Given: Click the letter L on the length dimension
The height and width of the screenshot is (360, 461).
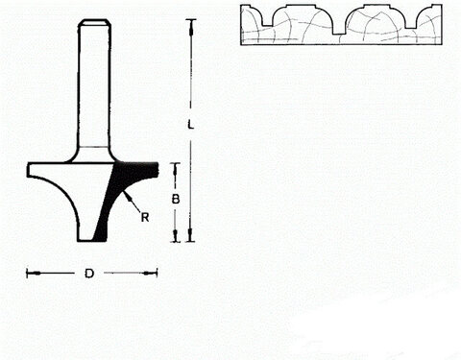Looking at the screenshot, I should (191, 125).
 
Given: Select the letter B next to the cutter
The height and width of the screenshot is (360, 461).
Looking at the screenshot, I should (175, 201).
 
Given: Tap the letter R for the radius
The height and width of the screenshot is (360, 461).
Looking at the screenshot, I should (144, 217).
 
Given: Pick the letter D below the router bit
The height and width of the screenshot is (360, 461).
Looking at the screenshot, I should (88, 274).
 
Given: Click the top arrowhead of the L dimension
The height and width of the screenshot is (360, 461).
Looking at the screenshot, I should (191, 21).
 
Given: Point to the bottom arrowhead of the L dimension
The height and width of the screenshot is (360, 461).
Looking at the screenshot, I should (191, 238).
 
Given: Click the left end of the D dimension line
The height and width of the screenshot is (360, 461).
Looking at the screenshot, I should (28, 274).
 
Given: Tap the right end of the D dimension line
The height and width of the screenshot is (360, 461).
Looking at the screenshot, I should (157, 274).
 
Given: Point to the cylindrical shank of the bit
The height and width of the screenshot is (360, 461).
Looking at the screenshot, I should (93, 86).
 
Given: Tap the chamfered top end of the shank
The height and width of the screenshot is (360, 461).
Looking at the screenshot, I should (93, 23).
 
